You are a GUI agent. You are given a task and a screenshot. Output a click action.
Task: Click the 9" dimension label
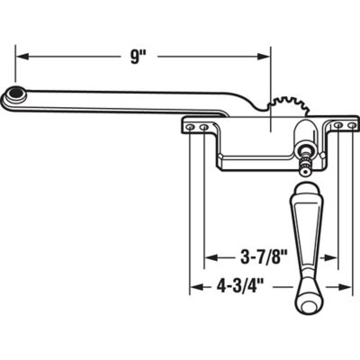(137, 56)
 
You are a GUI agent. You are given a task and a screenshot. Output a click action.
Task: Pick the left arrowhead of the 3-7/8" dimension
(211, 256)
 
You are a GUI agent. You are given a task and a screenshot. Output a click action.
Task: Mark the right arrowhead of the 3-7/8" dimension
(332, 256)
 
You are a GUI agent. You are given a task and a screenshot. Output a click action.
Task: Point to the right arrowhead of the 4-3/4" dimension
(346, 289)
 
